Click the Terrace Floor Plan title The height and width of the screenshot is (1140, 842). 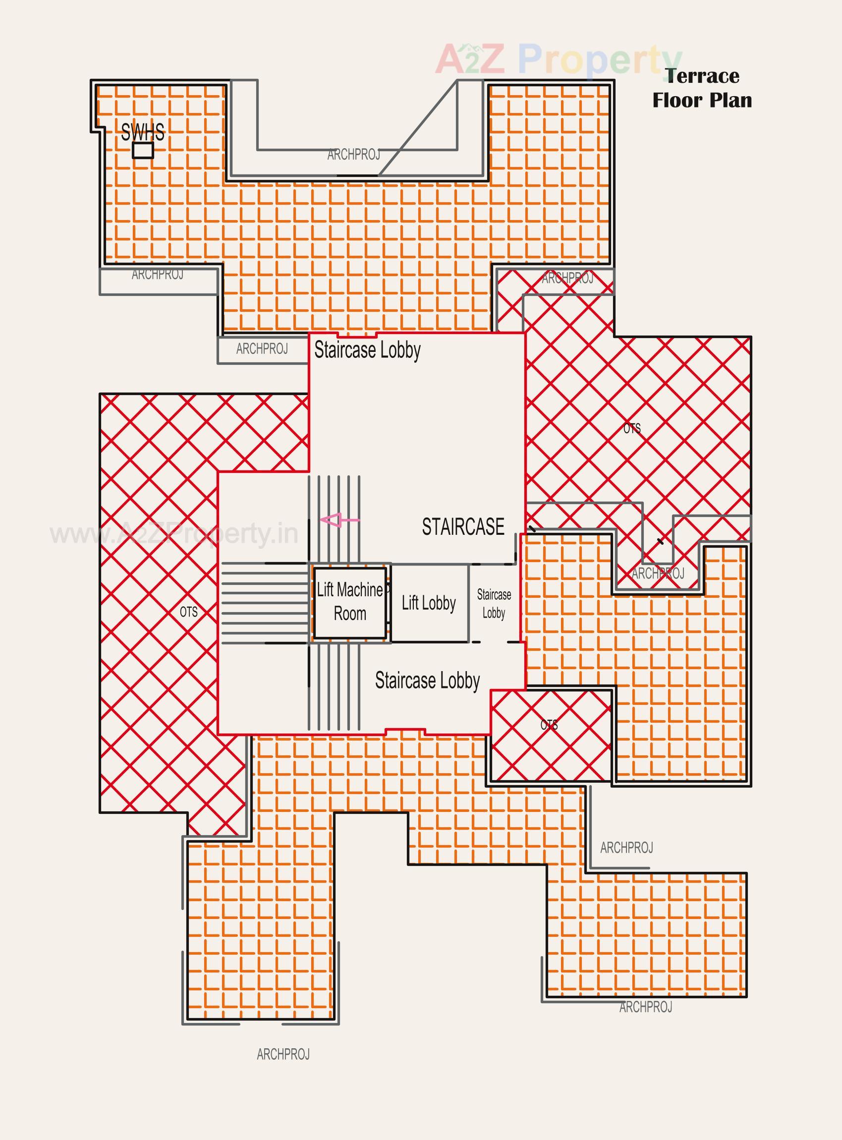[x=702, y=88]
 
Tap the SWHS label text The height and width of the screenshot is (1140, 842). [x=143, y=132]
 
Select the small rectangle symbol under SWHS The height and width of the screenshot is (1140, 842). [x=143, y=150]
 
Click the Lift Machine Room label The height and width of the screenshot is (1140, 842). [x=350, y=602]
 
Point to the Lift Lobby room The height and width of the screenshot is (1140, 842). [x=429, y=603]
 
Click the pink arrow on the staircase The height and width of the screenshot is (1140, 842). [x=339, y=520]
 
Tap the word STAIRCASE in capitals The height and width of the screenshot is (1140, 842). [x=463, y=526]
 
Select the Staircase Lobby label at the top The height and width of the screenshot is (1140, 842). [x=367, y=350]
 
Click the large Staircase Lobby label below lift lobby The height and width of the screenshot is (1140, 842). [x=427, y=681]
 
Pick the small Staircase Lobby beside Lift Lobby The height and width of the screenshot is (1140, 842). [x=494, y=603]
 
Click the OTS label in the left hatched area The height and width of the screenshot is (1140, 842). [x=189, y=612]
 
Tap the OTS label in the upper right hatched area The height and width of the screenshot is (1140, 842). [x=631, y=429]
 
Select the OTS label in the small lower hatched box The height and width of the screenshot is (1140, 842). [x=549, y=725]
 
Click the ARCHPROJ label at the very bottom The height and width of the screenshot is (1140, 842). [x=283, y=1054]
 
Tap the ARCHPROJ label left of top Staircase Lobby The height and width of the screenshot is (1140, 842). [x=262, y=349]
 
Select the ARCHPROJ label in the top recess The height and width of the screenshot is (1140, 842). [x=353, y=155]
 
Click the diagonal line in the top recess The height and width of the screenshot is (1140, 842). [x=418, y=127]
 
